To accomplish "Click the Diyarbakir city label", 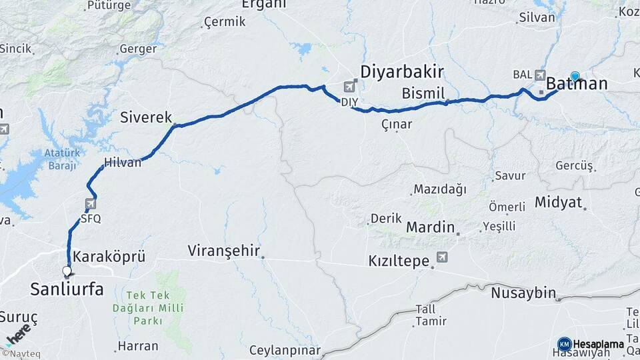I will (402, 71).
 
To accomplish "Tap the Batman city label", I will (577, 84).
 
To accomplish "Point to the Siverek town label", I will (146, 117).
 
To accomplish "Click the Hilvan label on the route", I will (123, 162).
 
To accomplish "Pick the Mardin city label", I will (430, 227).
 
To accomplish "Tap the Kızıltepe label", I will (399, 261).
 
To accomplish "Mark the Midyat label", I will (558, 202).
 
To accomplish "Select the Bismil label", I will (423, 92).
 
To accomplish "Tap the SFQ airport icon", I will (91, 204).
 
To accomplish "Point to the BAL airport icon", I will (539, 75).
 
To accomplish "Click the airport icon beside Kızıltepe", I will (442, 257).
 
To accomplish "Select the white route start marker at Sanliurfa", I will (67, 271).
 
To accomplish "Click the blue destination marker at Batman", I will (575, 76).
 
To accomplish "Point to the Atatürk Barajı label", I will (62, 159).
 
